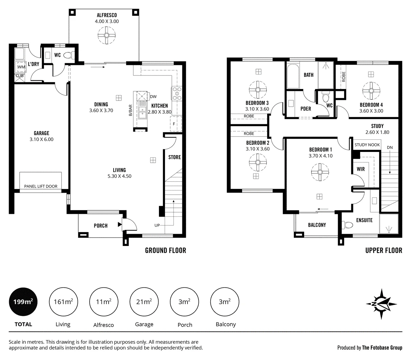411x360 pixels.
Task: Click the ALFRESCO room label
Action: click(x=107, y=15)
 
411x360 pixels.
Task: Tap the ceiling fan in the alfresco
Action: click(x=107, y=36)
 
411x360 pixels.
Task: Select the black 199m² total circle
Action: click(x=23, y=302)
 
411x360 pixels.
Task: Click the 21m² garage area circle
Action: click(x=144, y=302)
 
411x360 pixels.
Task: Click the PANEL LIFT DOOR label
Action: click(x=41, y=186)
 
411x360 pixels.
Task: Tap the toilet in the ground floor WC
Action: click(x=69, y=55)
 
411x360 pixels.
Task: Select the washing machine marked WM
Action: click(x=21, y=67)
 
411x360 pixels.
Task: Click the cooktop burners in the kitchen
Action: click(x=177, y=93)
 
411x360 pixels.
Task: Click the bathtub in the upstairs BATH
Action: click(x=293, y=76)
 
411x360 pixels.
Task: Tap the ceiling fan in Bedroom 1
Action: click(x=320, y=172)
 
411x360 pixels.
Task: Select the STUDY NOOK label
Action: click(x=367, y=145)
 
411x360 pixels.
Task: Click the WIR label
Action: click(x=361, y=169)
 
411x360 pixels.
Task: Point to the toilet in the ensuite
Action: click(x=347, y=225)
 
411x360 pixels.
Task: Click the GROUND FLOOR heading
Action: click(x=166, y=250)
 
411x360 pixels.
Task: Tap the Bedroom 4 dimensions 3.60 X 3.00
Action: click(x=371, y=111)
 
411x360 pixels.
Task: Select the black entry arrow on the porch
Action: click(x=120, y=224)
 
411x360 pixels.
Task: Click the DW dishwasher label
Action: click(x=153, y=97)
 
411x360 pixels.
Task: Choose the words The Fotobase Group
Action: click(x=382, y=347)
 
